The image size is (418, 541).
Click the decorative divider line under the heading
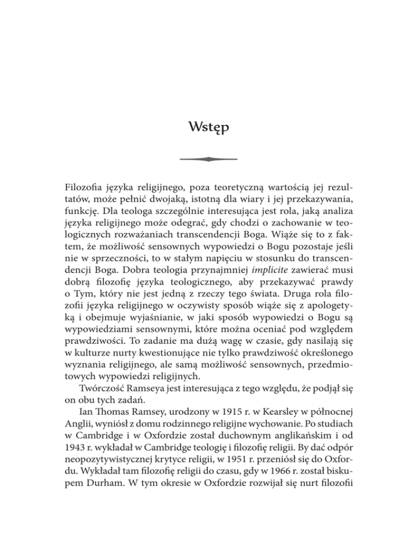click(209, 159)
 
